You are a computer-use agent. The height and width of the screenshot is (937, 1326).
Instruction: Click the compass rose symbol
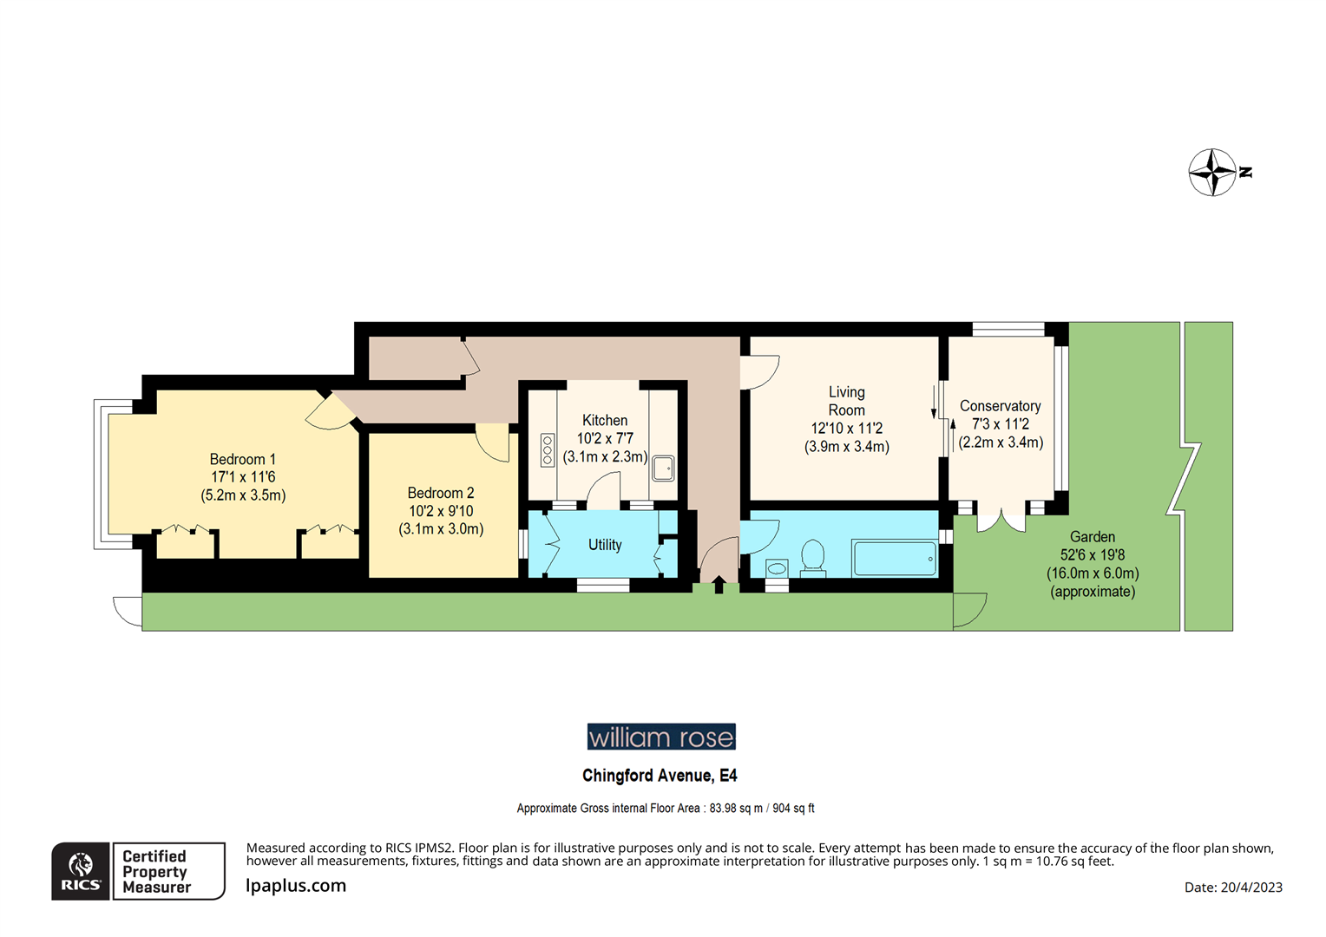tap(1212, 173)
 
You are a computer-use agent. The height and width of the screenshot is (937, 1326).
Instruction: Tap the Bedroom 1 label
tap(243, 477)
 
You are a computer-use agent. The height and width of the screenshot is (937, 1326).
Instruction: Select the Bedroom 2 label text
tap(441, 511)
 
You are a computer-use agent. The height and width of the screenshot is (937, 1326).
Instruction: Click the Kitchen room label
tap(605, 439)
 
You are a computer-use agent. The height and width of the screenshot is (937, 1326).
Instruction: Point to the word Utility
tap(605, 545)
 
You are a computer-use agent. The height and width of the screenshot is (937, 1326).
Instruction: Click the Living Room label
tap(846, 419)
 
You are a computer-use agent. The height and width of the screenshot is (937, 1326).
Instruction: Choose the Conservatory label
tap(1001, 423)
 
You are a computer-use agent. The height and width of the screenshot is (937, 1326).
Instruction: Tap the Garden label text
tap(1093, 564)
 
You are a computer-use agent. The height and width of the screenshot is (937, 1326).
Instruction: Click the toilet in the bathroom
tap(813, 558)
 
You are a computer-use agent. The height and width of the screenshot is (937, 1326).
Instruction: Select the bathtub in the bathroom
tap(895, 558)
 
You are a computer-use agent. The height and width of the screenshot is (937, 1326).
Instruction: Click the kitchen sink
tap(663, 468)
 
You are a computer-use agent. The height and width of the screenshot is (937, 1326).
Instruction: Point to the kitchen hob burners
tap(548, 450)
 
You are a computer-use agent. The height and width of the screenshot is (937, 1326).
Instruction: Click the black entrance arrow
tap(719, 584)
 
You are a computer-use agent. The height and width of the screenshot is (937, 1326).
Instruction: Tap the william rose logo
tap(661, 737)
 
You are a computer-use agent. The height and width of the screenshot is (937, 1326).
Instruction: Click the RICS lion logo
tap(81, 871)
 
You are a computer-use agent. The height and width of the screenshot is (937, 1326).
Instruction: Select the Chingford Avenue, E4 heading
tap(660, 776)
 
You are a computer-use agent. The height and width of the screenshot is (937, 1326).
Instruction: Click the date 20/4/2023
tap(1251, 888)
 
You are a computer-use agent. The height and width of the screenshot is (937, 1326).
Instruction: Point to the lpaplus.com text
tap(295, 886)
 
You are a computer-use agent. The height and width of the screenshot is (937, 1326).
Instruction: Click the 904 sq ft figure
tap(793, 808)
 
